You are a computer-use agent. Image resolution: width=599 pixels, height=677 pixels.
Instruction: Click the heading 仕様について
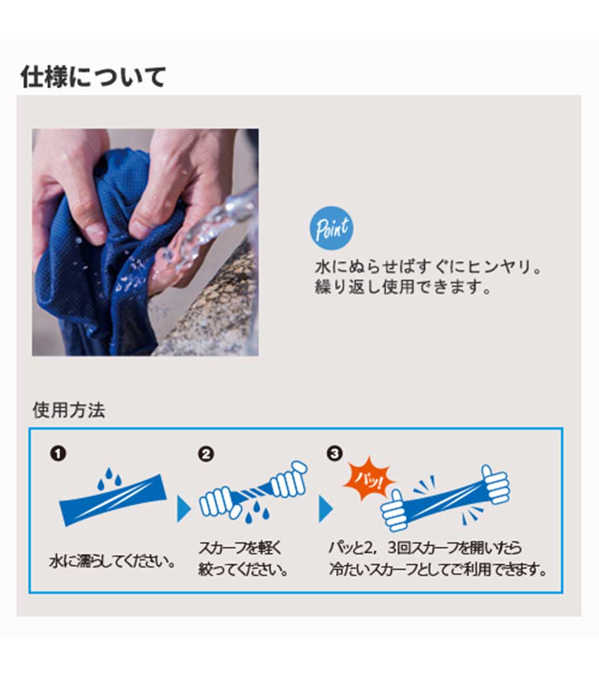(x=93, y=77)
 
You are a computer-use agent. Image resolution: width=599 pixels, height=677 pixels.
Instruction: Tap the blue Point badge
(x=331, y=228)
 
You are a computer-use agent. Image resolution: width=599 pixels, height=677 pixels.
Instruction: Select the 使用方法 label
(x=68, y=409)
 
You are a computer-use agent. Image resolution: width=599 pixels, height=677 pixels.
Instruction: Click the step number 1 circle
(x=59, y=453)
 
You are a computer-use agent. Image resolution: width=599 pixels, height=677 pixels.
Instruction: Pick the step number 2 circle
(x=206, y=454)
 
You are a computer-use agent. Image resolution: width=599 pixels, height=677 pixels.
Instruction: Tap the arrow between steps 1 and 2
(x=184, y=509)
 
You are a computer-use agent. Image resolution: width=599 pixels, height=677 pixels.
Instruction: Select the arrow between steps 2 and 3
(x=326, y=509)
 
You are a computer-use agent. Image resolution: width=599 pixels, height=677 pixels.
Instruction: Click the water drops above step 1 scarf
(x=109, y=478)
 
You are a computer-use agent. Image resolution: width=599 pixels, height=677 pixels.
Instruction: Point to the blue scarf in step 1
(x=113, y=500)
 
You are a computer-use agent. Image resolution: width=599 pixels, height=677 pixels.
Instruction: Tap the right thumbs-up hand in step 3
(x=495, y=486)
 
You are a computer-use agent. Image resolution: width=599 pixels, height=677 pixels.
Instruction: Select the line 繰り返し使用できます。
(x=403, y=286)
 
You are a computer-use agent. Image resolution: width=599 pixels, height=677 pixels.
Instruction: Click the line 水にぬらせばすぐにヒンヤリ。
(x=428, y=267)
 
